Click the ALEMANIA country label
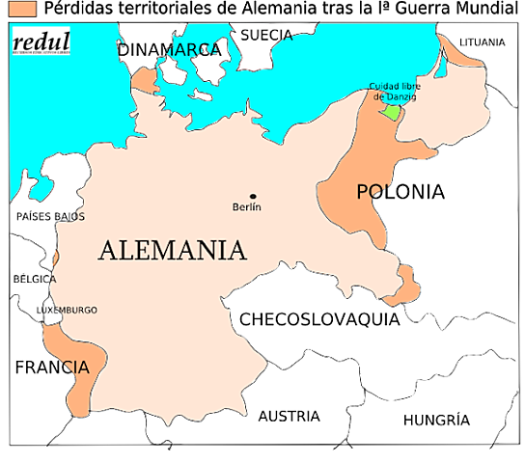pyautogui.click(x=173, y=251)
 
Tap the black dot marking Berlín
pyautogui.click(x=254, y=196)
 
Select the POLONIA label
pyautogui.click(x=401, y=192)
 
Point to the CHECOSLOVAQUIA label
pyautogui.click(x=319, y=319)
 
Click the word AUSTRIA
pyautogui.click(x=289, y=417)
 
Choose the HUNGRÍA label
pyautogui.click(x=436, y=421)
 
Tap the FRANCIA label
pyautogui.click(x=51, y=368)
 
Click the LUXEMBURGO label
pyautogui.click(x=67, y=310)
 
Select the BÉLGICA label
pyautogui.click(x=35, y=279)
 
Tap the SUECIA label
pyautogui.click(x=266, y=35)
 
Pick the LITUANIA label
pyautogui.click(x=482, y=42)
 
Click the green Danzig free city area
pyautogui.click(x=390, y=111)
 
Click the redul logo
pyautogui.click(x=41, y=42)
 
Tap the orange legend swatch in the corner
pyautogui.click(x=23, y=9)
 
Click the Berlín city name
pyautogui.click(x=248, y=207)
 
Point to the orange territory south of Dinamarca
pyautogui.click(x=146, y=81)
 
